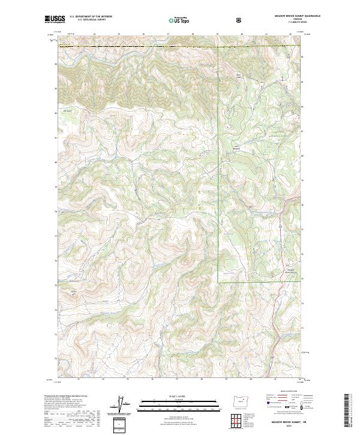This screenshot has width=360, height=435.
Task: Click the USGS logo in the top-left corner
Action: [x=54, y=20]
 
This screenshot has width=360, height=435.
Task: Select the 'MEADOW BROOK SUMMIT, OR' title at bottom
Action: [x=283, y=422]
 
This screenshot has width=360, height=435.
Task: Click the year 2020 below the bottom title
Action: [x=283, y=427]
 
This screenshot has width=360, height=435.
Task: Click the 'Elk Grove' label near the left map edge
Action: [x=68, y=110]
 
